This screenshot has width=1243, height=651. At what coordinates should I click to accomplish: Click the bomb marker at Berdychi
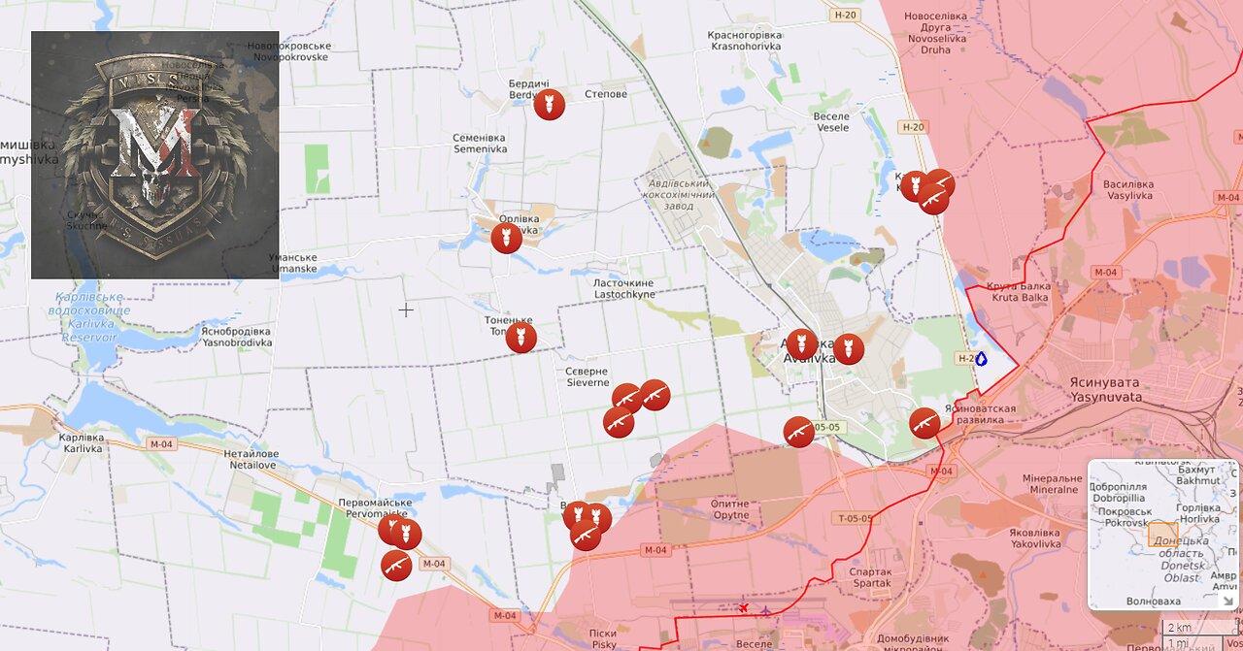550,105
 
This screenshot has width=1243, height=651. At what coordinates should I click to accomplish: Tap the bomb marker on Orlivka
507,238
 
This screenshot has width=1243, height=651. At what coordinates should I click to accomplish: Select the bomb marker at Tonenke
521,338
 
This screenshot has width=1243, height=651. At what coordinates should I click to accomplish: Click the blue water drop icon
981,359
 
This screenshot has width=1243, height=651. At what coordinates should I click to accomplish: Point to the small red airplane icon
743,608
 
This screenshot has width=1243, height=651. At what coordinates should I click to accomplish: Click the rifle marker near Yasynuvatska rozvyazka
924,423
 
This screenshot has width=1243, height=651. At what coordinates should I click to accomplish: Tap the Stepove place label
606,94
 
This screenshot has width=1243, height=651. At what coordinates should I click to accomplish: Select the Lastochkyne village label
623,288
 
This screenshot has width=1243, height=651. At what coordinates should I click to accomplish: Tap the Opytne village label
730,509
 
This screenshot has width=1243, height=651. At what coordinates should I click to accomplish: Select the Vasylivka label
1128,189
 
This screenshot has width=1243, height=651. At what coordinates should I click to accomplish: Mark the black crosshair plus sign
406,310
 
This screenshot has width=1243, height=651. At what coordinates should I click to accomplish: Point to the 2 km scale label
1179,628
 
